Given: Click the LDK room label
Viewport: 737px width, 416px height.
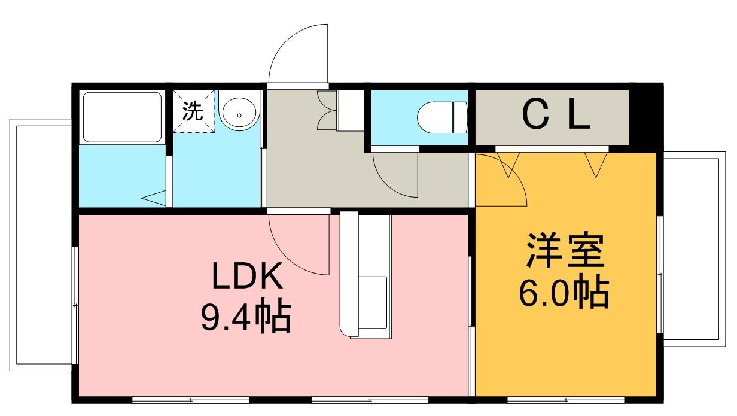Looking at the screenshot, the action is pyautogui.click(x=246, y=277).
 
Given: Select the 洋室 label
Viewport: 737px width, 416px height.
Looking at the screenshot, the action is pyautogui.click(x=565, y=251).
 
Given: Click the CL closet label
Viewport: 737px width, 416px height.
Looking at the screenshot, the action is pyautogui.click(x=557, y=116).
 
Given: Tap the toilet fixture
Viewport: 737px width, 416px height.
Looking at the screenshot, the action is pyautogui.click(x=441, y=117).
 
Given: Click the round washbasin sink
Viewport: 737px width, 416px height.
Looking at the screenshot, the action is pyautogui.click(x=239, y=113).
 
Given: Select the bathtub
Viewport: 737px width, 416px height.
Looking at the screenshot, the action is pyautogui.click(x=122, y=116).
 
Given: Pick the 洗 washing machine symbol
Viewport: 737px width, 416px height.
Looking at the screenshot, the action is pyautogui.click(x=193, y=111).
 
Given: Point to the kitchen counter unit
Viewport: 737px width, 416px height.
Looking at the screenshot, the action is pyautogui.click(x=366, y=275).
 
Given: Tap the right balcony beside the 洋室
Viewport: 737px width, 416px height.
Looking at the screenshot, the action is pyautogui.click(x=691, y=248).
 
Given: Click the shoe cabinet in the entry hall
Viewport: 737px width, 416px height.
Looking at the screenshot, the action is pyautogui.click(x=349, y=111).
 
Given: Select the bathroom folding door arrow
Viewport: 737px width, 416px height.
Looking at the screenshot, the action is pyautogui.click(x=154, y=198).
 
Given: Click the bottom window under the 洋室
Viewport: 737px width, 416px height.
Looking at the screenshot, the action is pyautogui.click(x=565, y=399).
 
